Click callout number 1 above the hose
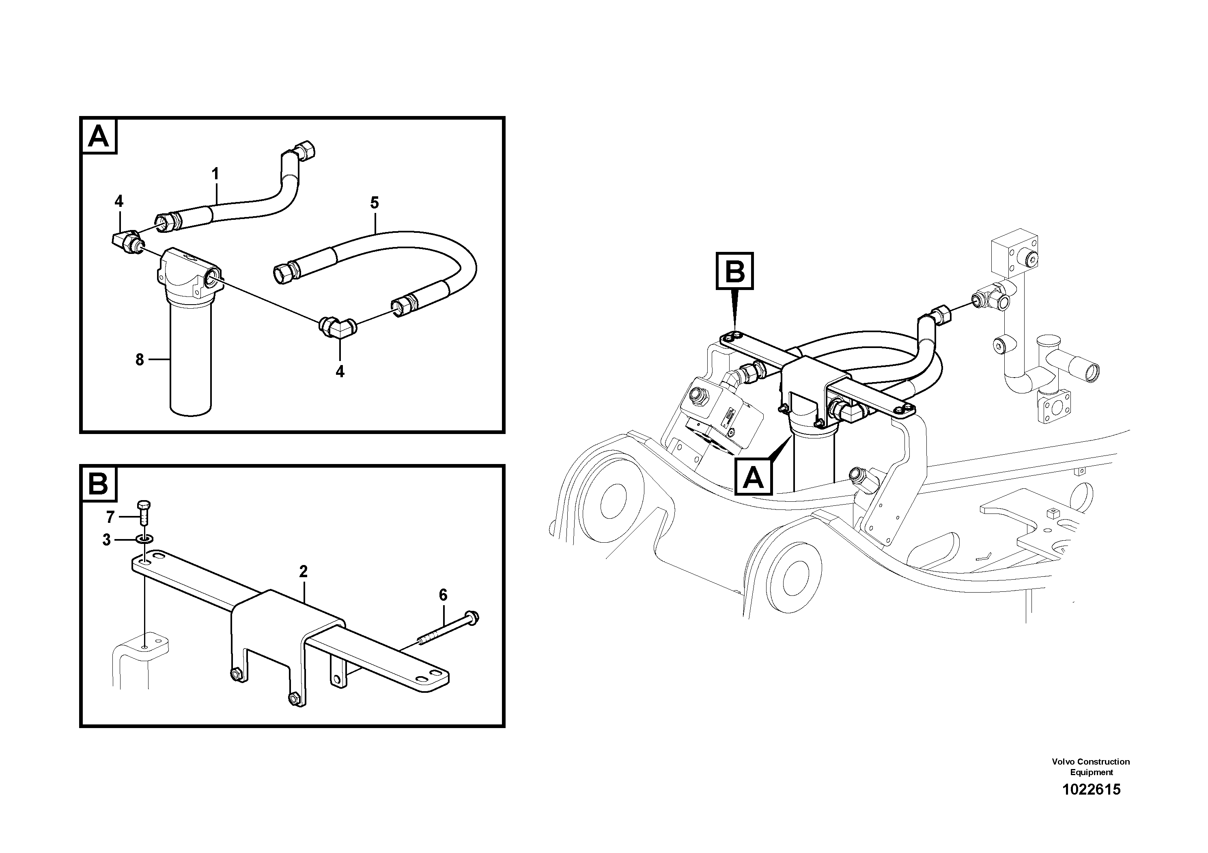click(x=215, y=174)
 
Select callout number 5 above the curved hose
click(x=374, y=203)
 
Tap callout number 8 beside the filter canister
click(x=140, y=360)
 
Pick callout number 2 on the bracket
click(x=303, y=571)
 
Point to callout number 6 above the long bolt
click(x=443, y=595)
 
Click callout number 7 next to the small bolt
click(x=110, y=518)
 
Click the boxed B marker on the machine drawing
click(x=734, y=271)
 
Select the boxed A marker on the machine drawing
click(x=754, y=477)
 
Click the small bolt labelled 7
click(x=143, y=512)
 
